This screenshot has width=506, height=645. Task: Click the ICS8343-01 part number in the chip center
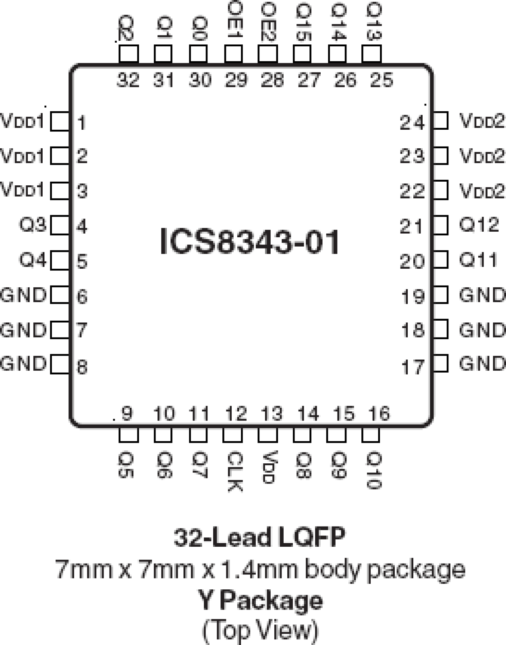pyautogui.click(x=250, y=242)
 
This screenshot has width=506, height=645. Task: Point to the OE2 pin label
pyautogui.click(x=268, y=22)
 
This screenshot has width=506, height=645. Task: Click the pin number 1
pyautogui.click(x=82, y=123)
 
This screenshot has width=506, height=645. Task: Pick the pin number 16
pyautogui.click(x=379, y=414)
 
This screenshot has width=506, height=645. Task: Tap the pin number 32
pyautogui.click(x=128, y=80)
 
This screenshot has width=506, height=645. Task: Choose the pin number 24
pyautogui.click(x=412, y=122)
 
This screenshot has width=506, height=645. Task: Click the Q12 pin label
pyautogui.click(x=479, y=224)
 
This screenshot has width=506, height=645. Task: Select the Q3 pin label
pyautogui.click(x=33, y=224)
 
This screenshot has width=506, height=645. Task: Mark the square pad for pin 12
pyautogui.click(x=232, y=435)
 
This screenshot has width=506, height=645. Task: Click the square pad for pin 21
pyautogui.click(x=440, y=225)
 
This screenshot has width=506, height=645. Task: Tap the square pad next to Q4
pyautogui.click(x=60, y=260)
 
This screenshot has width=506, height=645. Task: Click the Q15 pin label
pyautogui.click(x=303, y=23)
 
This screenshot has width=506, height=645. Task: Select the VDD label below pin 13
pyautogui.click(x=268, y=467)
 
